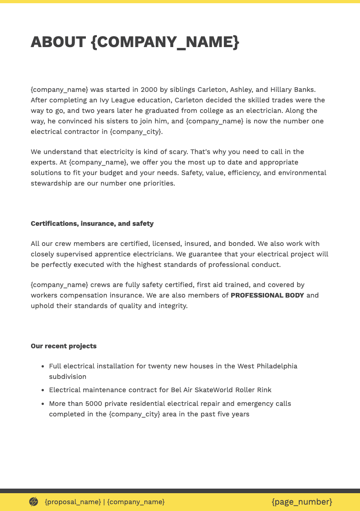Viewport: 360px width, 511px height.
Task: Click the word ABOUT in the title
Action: [x=58, y=42]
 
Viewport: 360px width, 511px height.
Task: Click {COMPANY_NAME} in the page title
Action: [x=165, y=42]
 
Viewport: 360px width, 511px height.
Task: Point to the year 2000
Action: [x=149, y=90]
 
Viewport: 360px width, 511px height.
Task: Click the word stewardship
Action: [x=51, y=183]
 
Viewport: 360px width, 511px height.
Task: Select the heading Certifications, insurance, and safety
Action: [x=92, y=224]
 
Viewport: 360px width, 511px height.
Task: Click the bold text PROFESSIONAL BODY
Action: [x=267, y=295]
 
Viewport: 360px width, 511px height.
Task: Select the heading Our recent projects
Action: [x=64, y=346]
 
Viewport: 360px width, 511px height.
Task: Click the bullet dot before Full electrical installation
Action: [x=42, y=367]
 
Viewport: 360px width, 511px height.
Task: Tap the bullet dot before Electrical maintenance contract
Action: [x=42, y=390]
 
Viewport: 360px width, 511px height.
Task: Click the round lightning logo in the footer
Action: [x=34, y=502]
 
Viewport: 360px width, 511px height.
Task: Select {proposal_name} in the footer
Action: [x=73, y=502]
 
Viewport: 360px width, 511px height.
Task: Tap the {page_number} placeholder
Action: [x=302, y=502]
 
